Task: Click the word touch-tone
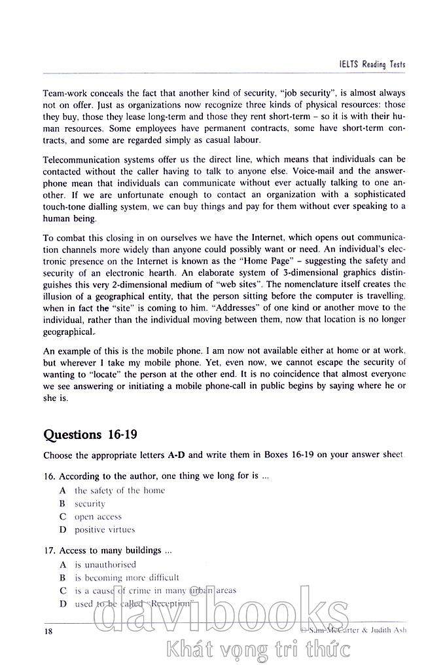65,207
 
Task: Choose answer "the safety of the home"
119,490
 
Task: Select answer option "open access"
98,516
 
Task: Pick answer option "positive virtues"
105,529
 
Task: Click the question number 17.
48,551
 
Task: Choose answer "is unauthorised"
105,564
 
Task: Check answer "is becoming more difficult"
126,577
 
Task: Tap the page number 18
48,630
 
